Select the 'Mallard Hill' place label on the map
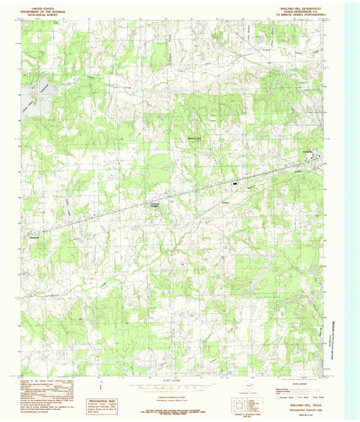point(195,140)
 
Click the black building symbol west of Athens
point(235,182)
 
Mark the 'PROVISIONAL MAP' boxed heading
point(102,400)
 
